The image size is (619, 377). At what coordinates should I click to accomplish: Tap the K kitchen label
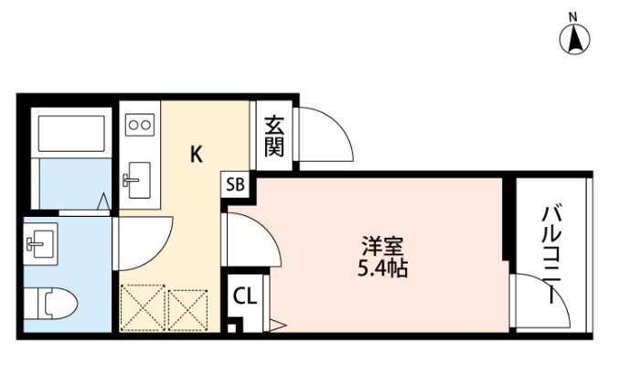pyautogui.click(x=196, y=155)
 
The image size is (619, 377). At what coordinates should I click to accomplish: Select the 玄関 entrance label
pyautogui.click(x=273, y=135)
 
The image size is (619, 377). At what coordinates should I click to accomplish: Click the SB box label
pyautogui.click(x=235, y=184)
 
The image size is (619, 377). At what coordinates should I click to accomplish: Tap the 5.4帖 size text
pyautogui.click(x=383, y=270)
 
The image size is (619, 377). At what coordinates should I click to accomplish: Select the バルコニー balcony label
pyautogui.click(x=550, y=255)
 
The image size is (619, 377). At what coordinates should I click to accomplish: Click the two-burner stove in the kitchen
pyautogui.click(x=139, y=123)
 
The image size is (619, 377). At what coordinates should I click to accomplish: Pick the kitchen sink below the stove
pyautogui.click(x=139, y=179)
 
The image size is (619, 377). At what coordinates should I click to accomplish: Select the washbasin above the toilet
pyautogui.click(x=39, y=242)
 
